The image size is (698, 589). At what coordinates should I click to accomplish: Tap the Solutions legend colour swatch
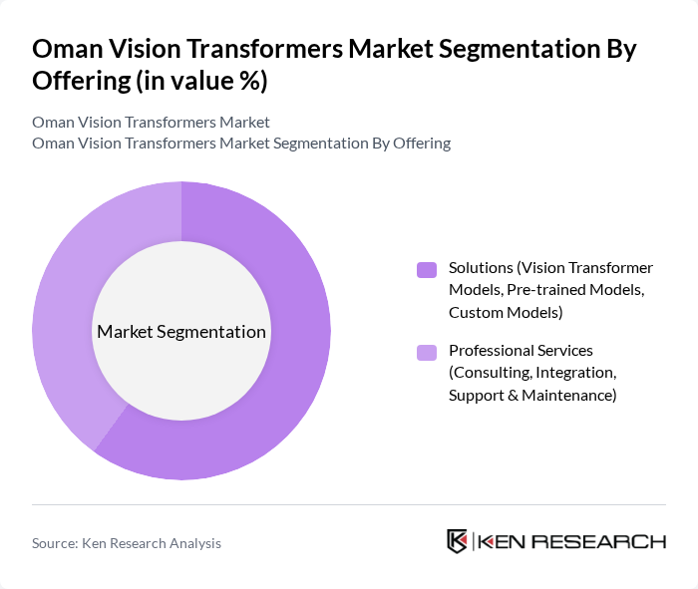(427, 269)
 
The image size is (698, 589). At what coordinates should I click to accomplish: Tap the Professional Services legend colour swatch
(427, 352)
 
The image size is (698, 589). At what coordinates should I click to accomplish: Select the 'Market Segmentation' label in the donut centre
(181, 332)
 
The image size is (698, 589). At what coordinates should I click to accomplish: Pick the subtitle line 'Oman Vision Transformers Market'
(151, 123)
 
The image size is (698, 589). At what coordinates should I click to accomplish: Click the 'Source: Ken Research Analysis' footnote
(127, 543)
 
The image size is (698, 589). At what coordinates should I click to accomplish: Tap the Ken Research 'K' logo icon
(458, 541)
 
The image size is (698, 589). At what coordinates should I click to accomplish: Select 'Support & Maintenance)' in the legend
(532, 396)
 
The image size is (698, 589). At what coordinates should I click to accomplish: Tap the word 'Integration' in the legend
(576, 373)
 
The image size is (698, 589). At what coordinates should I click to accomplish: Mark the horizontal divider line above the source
(349, 504)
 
